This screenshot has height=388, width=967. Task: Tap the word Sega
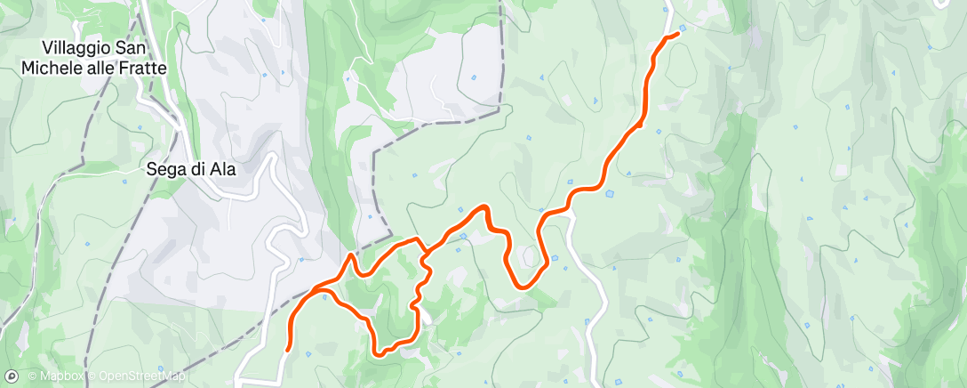165,169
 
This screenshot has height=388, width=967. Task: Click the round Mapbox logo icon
12,376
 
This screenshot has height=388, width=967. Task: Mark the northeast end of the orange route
677,33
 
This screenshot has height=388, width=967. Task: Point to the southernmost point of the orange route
380,354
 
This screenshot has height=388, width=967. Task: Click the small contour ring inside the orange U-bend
530,257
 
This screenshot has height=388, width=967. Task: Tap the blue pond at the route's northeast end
681,37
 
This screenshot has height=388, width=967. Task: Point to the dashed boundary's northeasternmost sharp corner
500,106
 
